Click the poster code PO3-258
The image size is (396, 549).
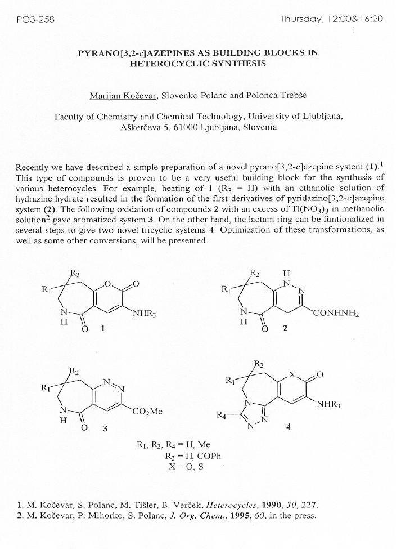pos(31,19)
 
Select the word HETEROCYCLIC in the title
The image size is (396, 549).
pos(164,64)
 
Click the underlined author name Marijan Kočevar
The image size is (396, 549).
pos(123,95)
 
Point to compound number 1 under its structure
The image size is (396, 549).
pos(102,329)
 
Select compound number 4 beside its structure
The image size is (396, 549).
pos(288,427)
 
